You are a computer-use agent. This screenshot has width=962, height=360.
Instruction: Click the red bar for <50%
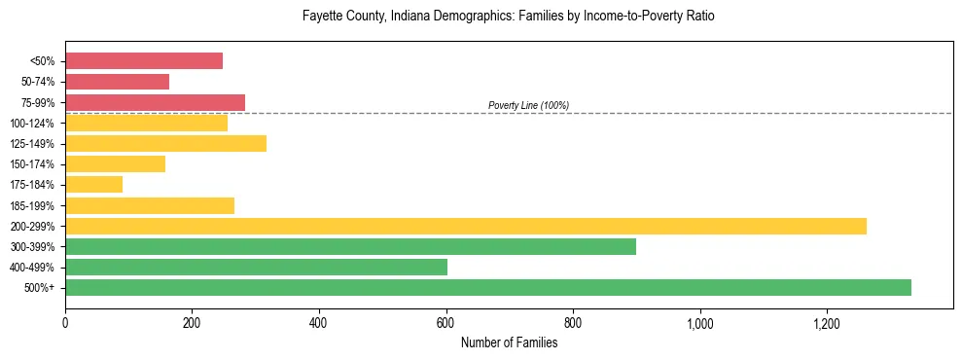point(144,61)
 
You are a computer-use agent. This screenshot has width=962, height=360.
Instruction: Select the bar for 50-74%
point(117,82)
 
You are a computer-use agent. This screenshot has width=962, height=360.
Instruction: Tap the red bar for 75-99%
point(155,102)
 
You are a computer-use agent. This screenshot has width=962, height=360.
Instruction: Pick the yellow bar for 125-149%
point(165,144)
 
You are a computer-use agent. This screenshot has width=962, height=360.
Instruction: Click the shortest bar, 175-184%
point(93,185)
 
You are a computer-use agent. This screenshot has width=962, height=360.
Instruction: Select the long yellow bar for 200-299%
point(466,226)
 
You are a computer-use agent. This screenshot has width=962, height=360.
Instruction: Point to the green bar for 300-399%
point(350,246)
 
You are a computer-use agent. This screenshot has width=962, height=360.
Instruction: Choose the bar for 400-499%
point(256,267)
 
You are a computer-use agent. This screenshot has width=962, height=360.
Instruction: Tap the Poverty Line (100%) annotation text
point(528,105)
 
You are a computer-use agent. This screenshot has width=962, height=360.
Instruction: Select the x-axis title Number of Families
point(509,342)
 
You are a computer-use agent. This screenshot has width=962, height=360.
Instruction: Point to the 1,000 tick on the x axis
point(699,322)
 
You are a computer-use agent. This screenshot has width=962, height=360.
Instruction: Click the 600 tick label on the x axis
point(446,322)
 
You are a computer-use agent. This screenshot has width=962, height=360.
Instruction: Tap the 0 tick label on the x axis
point(65,322)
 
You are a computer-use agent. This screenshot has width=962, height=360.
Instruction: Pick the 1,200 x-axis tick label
point(827,322)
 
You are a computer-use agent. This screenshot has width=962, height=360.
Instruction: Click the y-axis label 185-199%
point(32,205)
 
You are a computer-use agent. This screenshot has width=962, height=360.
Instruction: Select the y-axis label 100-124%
point(32,124)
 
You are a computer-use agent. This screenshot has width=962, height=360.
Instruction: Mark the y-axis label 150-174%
point(32,164)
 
